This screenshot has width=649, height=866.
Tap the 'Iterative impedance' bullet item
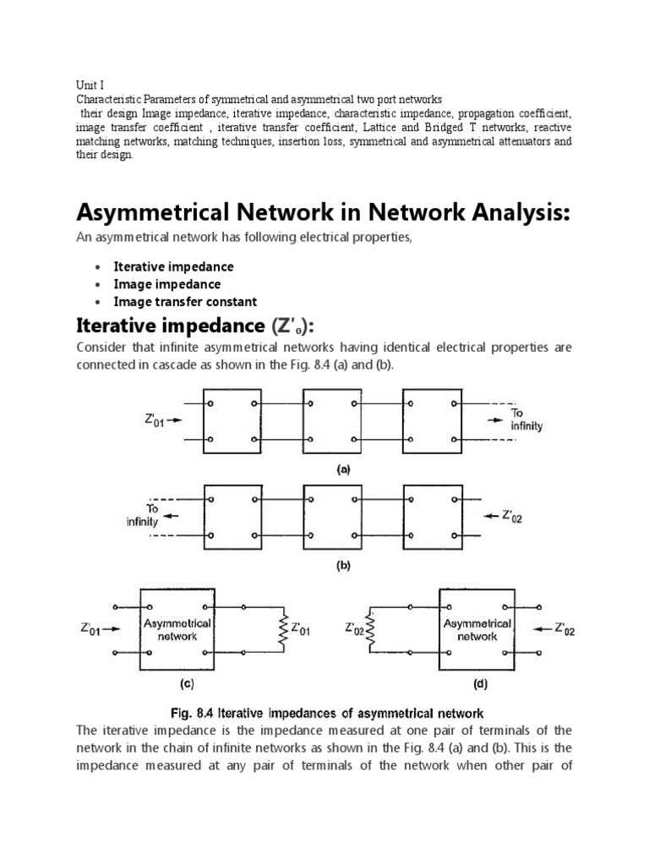pyautogui.click(x=173, y=266)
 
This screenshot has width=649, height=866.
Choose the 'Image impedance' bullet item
pyautogui.click(x=166, y=284)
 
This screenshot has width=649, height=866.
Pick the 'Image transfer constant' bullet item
pyautogui.click(x=185, y=302)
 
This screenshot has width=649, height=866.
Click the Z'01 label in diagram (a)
pyautogui.click(x=153, y=418)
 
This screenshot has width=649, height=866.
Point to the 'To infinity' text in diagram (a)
pyautogui.click(x=525, y=419)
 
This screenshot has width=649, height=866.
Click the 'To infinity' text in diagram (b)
pyautogui.click(x=143, y=516)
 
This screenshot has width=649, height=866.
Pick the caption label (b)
pyautogui.click(x=344, y=568)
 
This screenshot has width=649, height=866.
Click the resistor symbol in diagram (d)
pyautogui.click(x=369, y=629)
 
